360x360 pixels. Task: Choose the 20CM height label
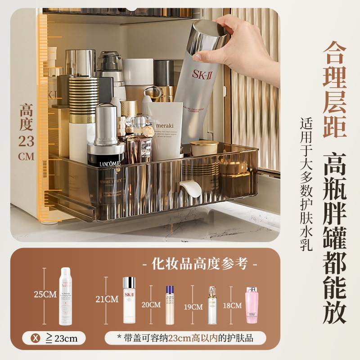151,304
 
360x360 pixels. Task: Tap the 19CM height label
194,307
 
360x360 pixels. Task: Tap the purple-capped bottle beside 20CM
170,305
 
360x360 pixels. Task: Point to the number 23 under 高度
26,141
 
